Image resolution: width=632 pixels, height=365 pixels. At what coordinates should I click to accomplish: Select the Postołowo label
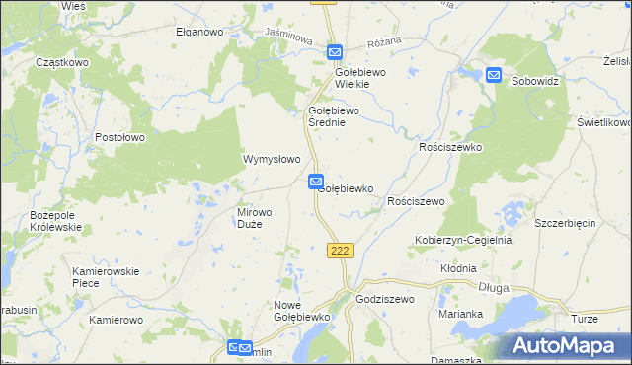[121, 137]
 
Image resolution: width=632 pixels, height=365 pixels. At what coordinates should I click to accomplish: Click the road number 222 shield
[340, 251]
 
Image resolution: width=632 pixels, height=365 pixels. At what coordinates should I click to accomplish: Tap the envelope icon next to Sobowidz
[494, 75]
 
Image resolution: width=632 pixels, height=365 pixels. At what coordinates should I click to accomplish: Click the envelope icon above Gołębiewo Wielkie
[335, 52]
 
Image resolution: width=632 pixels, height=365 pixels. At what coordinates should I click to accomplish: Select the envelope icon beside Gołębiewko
[315, 182]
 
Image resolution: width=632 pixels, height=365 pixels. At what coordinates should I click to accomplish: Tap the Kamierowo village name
[117, 321]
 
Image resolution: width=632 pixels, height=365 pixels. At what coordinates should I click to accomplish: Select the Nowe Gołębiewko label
[300, 311]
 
